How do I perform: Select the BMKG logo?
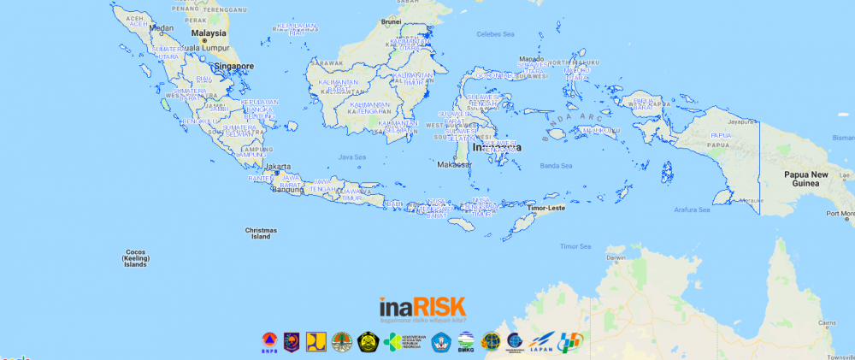(465, 342)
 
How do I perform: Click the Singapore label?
(234, 66)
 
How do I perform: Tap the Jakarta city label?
(278, 167)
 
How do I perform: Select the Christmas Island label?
(260, 233)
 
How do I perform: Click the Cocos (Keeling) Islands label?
(134, 258)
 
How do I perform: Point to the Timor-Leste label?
(546, 208)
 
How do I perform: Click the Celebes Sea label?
(496, 34)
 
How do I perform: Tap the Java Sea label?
(352, 157)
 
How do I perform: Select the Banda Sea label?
(555, 165)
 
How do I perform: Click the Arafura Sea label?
(692, 210)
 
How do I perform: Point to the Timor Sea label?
(575, 246)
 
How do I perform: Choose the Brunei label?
(391, 21)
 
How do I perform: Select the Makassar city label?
(453, 165)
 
